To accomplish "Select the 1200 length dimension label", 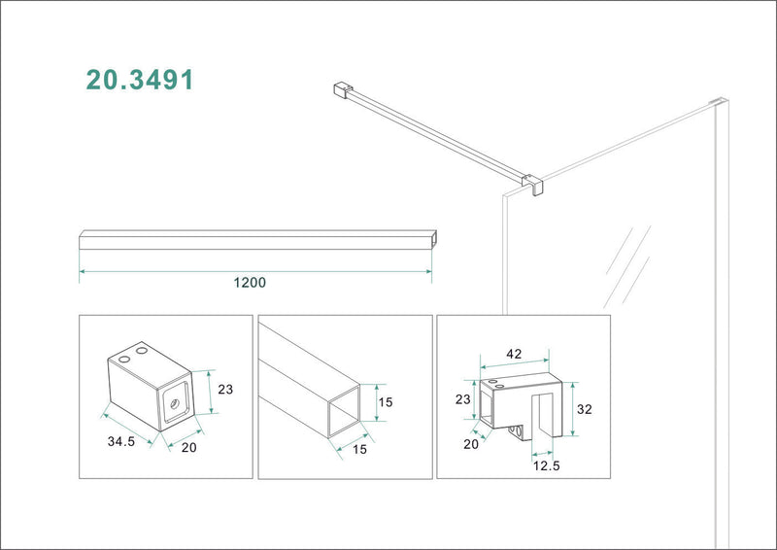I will (x=250, y=283).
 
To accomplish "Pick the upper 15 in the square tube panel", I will (x=387, y=400).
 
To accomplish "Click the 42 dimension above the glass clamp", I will (x=514, y=354).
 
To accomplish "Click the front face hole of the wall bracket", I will (x=175, y=401).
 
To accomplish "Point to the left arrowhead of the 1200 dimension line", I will (x=82, y=272).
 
